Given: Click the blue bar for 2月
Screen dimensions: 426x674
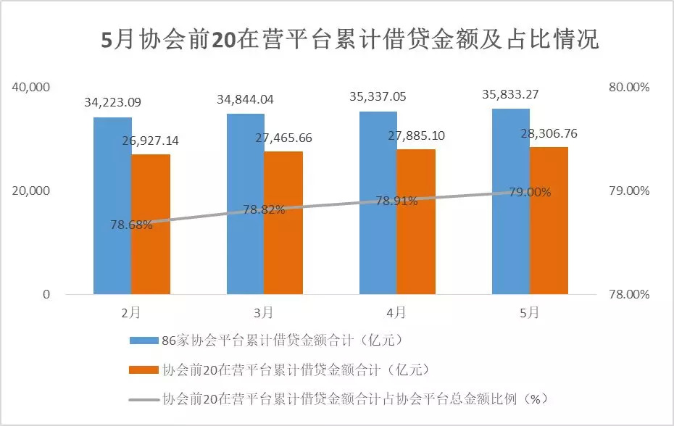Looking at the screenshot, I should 112,206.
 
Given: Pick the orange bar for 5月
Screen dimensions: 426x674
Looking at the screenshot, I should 549,220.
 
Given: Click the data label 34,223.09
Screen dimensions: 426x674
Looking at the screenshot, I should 112,102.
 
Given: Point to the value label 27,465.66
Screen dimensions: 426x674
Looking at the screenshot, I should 283,137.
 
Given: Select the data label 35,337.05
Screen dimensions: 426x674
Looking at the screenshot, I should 378,97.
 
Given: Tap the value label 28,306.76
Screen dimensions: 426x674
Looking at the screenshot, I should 549,133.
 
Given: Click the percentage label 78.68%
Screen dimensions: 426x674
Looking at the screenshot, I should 131,225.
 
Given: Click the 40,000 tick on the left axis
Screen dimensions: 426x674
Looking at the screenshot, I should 30,87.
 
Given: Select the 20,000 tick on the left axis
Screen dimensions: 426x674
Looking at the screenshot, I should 30,191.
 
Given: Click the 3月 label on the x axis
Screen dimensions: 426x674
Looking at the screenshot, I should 264,313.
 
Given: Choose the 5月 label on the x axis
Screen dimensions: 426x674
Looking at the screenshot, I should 530,313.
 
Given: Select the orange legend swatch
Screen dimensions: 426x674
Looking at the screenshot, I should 143,369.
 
